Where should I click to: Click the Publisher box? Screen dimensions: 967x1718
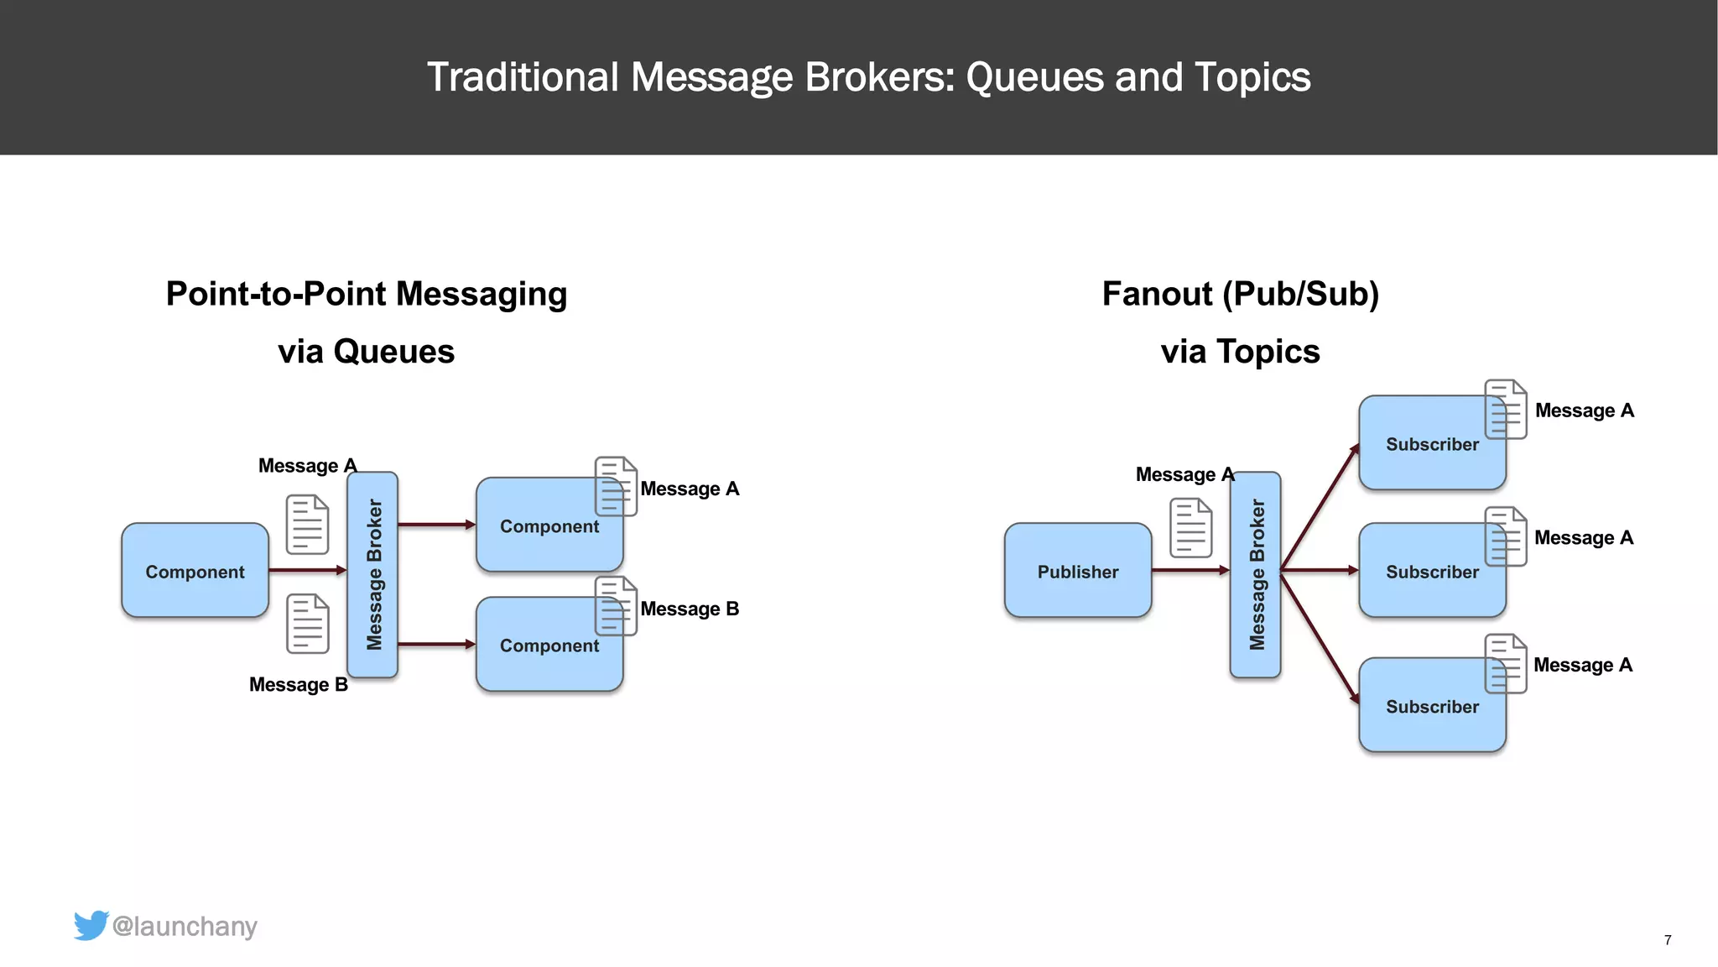[x=1077, y=571]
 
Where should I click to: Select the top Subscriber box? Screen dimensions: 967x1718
[x=1426, y=443]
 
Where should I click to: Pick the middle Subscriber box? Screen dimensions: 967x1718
[x=1426, y=572]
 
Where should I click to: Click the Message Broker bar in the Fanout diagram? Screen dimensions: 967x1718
[x=1255, y=574]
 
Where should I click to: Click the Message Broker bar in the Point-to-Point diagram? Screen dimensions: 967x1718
[x=372, y=574]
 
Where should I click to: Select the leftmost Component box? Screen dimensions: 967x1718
[x=195, y=571]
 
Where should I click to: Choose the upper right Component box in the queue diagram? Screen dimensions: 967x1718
[x=545, y=526]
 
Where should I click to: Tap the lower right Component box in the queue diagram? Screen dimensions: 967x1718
[x=545, y=646]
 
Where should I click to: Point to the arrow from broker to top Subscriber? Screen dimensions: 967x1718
[x=1319, y=509]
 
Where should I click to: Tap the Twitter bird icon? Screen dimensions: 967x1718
[x=91, y=925]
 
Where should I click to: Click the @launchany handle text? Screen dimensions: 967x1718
[x=185, y=926]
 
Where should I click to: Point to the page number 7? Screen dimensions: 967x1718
[x=1668, y=940]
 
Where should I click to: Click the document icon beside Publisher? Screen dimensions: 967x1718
[x=1190, y=528]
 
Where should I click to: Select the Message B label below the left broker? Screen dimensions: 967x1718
[x=298, y=684]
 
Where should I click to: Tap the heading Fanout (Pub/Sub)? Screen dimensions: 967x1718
[x=1240, y=294]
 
